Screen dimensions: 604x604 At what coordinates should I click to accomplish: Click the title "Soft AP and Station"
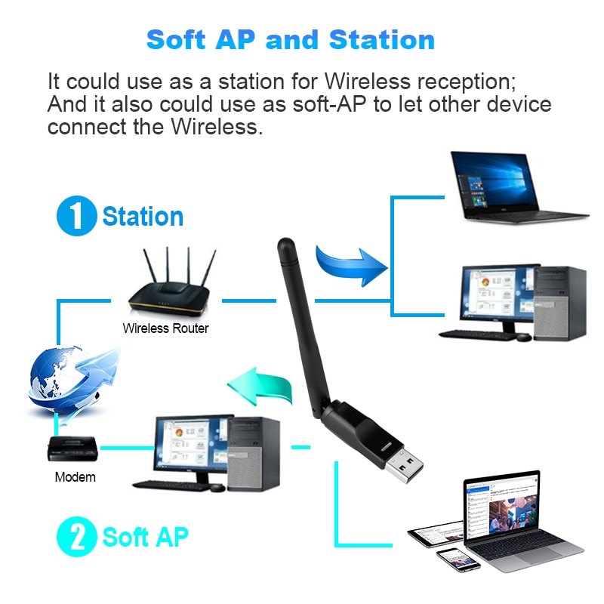pos(291,39)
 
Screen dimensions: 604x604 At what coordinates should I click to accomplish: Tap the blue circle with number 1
pos(76,216)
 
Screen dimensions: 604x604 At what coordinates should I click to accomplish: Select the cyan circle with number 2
pos(76,537)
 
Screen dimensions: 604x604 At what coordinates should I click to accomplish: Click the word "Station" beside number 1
pos(143,217)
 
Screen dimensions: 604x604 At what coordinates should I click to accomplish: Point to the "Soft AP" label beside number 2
pos(145,538)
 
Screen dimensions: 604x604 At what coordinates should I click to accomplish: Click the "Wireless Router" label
pos(165,328)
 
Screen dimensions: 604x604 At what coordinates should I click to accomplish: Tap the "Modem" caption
pos(75,477)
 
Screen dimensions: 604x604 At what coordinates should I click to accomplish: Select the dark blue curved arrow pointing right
pos(352,264)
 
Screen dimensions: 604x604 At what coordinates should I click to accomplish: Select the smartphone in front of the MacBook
pos(458,559)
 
